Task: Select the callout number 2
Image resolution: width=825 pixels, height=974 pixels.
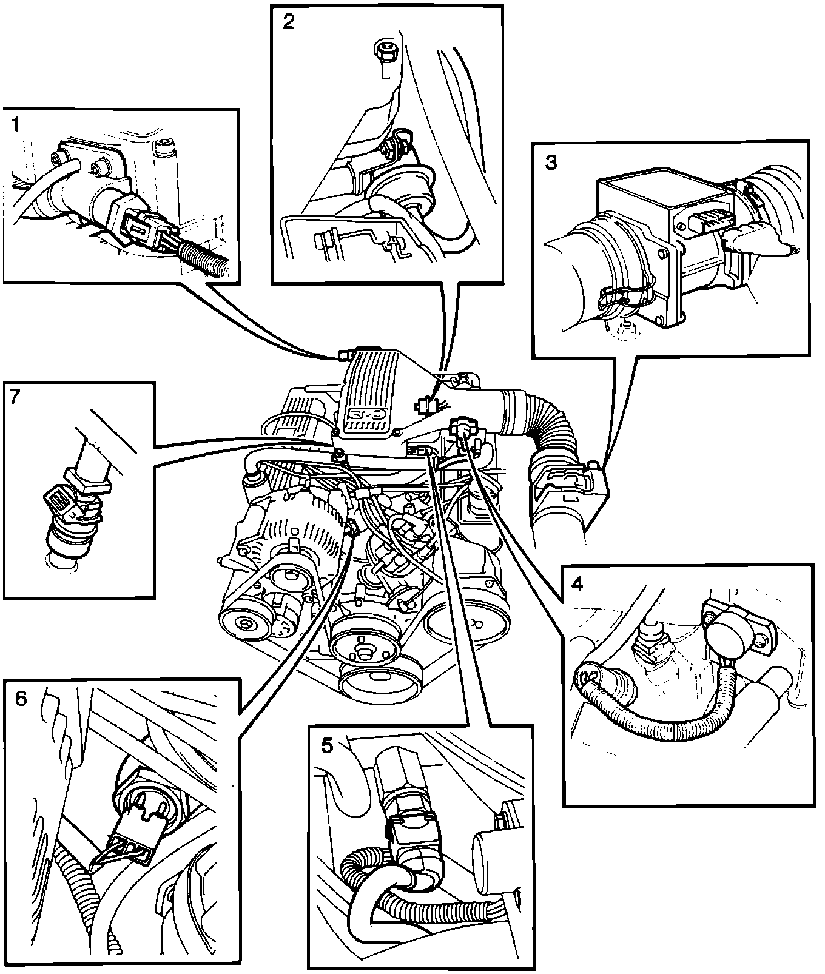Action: point(288,22)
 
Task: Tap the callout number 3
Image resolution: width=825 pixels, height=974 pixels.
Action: point(551,163)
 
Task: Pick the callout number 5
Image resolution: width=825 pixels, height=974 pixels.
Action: point(327,745)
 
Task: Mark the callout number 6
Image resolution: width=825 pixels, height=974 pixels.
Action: point(21,699)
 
